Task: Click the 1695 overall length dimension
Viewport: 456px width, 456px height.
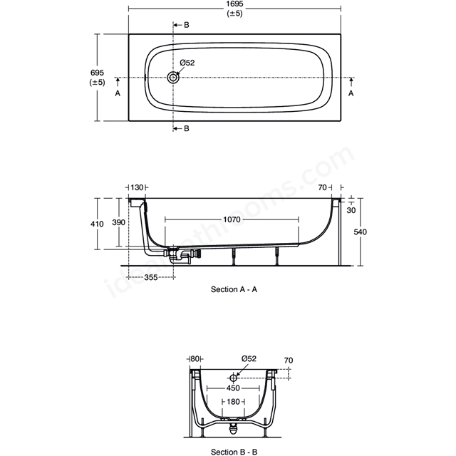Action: [234, 4]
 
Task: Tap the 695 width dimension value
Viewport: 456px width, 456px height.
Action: [97, 73]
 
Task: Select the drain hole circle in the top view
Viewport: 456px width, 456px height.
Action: [173, 78]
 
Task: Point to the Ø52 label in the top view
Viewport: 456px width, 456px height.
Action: [187, 63]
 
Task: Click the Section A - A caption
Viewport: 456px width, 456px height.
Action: [234, 289]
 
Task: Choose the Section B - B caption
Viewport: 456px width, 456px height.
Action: [234, 452]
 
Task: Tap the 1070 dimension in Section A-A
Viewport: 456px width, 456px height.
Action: [232, 219]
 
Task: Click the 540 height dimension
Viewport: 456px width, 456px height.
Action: [360, 232]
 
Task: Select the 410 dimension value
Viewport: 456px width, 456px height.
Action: [97, 224]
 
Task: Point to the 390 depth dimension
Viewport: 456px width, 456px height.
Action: [119, 222]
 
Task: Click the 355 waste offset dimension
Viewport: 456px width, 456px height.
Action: [151, 277]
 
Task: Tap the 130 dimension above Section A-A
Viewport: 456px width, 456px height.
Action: [137, 187]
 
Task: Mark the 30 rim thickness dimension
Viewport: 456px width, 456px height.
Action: [351, 210]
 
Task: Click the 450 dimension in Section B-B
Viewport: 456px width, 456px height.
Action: [233, 388]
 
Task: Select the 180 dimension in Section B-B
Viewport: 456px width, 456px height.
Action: [233, 402]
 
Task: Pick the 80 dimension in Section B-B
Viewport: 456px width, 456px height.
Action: [195, 359]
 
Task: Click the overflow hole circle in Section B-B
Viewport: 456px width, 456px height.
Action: [233, 378]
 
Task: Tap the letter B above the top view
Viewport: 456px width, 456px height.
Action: [187, 25]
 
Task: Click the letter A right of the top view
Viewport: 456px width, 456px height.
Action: [351, 93]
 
